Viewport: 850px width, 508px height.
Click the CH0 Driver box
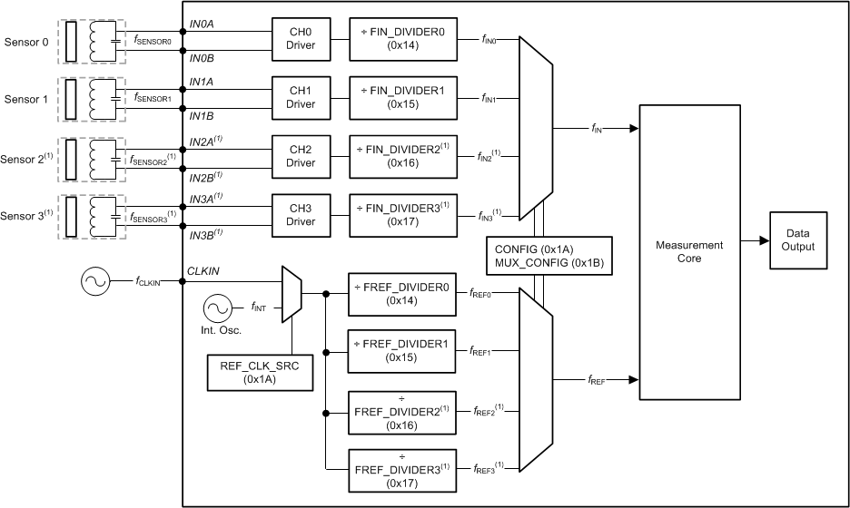[x=301, y=40]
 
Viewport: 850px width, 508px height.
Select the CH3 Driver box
[x=301, y=216]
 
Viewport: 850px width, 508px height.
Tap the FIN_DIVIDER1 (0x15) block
[x=403, y=98]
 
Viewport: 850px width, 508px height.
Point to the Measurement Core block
[x=697, y=251]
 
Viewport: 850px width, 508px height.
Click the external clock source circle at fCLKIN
[x=95, y=282]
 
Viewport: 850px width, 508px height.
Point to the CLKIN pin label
[x=202, y=270]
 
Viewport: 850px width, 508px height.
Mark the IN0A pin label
[x=201, y=23]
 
